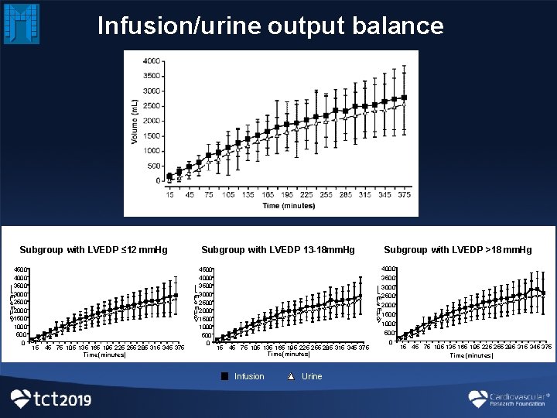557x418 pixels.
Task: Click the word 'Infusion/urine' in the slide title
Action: click(x=179, y=26)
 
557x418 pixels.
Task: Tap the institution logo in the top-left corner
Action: click(x=21, y=23)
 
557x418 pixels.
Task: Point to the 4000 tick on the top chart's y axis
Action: click(x=152, y=61)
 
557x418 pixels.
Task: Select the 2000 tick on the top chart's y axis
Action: click(x=152, y=121)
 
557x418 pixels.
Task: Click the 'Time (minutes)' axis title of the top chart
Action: click(x=288, y=206)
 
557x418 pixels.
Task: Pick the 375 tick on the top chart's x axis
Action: click(x=404, y=196)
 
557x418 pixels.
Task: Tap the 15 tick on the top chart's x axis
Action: click(x=169, y=196)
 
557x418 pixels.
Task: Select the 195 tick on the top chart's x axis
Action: click(x=286, y=196)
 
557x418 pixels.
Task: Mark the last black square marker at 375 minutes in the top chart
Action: click(x=404, y=98)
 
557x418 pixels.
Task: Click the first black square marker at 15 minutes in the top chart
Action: click(x=169, y=176)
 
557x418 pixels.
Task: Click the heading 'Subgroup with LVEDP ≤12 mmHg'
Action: click(x=94, y=250)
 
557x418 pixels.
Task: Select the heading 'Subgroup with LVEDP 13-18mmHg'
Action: click(x=278, y=250)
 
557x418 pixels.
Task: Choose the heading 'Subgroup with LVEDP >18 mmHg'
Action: click(x=458, y=250)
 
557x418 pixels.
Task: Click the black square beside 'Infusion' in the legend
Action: click(x=224, y=377)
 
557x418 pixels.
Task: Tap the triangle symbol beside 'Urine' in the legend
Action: click(x=291, y=377)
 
